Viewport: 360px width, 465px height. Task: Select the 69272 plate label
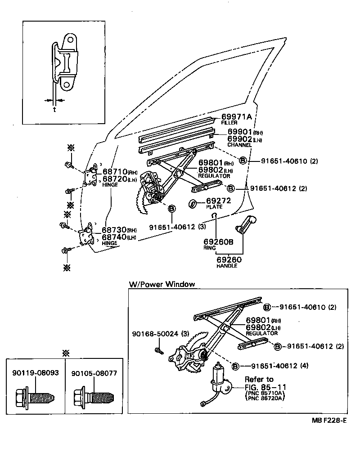click(x=218, y=201)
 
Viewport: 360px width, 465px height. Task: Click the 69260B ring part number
click(x=218, y=242)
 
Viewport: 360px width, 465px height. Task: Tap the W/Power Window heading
click(x=162, y=284)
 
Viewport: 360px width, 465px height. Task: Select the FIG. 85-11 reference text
click(x=265, y=387)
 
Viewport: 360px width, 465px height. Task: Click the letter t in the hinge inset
click(x=54, y=109)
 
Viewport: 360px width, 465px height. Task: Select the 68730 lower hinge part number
click(x=114, y=230)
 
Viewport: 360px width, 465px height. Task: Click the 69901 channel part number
click(x=240, y=132)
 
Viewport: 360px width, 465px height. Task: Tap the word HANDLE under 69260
click(x=226, y=266)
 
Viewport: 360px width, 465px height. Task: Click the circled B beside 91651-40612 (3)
click(x=172, y=209)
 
